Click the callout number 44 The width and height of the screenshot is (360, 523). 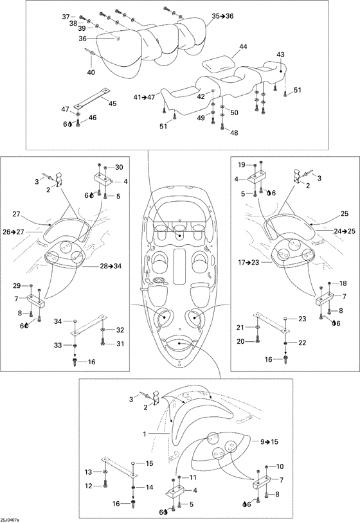(243, 47)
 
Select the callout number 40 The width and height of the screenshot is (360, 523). (91, 72)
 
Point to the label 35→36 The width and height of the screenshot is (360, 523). (222, 15)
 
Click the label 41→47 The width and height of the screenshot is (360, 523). (145, 98)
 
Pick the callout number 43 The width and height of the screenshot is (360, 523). (280, 55)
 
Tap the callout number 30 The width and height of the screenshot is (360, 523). (119, 167)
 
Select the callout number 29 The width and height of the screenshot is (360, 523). (16, 285)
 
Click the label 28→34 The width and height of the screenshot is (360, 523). (110, 266)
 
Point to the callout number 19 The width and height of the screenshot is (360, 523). (242, 164)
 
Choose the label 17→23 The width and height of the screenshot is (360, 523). (249, 263)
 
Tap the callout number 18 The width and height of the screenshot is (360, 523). (343, 283)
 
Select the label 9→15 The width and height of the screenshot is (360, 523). (269, 441)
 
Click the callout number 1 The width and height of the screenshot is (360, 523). (145, 434)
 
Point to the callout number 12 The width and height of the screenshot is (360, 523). (89, 486)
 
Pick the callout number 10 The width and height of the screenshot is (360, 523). (280, 466)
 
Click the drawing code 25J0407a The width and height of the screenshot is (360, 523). (10, 520)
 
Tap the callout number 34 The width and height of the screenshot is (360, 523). (58, 321)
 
